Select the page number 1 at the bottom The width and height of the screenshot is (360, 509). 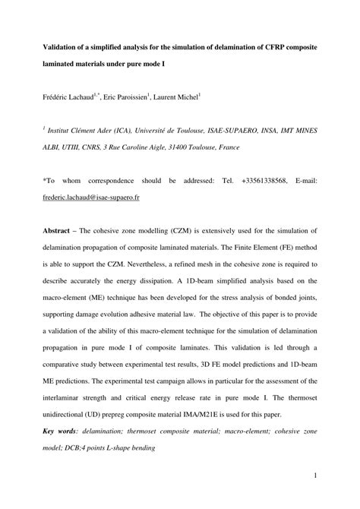[314, 476]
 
